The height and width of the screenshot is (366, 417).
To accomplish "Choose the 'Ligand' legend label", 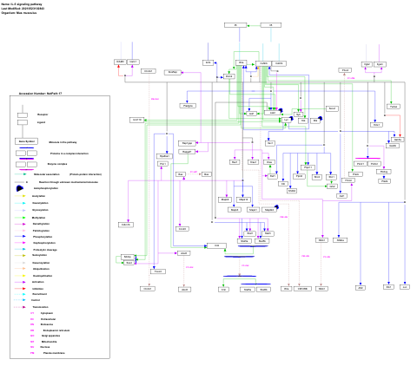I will pos(41,123).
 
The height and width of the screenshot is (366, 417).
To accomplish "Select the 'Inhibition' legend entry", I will pos(41,287).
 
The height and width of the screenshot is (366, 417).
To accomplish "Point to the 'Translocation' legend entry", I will pos(43,306).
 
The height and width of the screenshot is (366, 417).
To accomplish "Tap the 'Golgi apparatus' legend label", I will pos(51,336).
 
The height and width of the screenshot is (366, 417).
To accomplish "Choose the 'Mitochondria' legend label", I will pos(49,342).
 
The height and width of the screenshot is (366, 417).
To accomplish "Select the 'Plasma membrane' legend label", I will pos(53,353).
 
